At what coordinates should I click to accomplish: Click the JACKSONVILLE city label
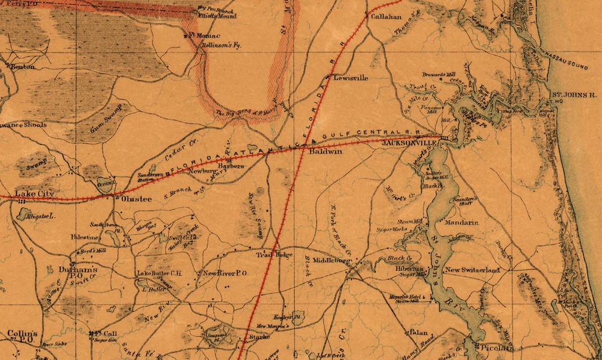[x=411, y=144]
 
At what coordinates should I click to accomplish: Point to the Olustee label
[x=135, y=198]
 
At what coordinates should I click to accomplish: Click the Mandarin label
[x=462, y=223]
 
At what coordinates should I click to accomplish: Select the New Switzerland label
[x=472, y=271]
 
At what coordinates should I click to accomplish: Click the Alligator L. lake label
[x=36, y=215]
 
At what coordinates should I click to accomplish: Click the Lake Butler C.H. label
[x=159, y=274]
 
